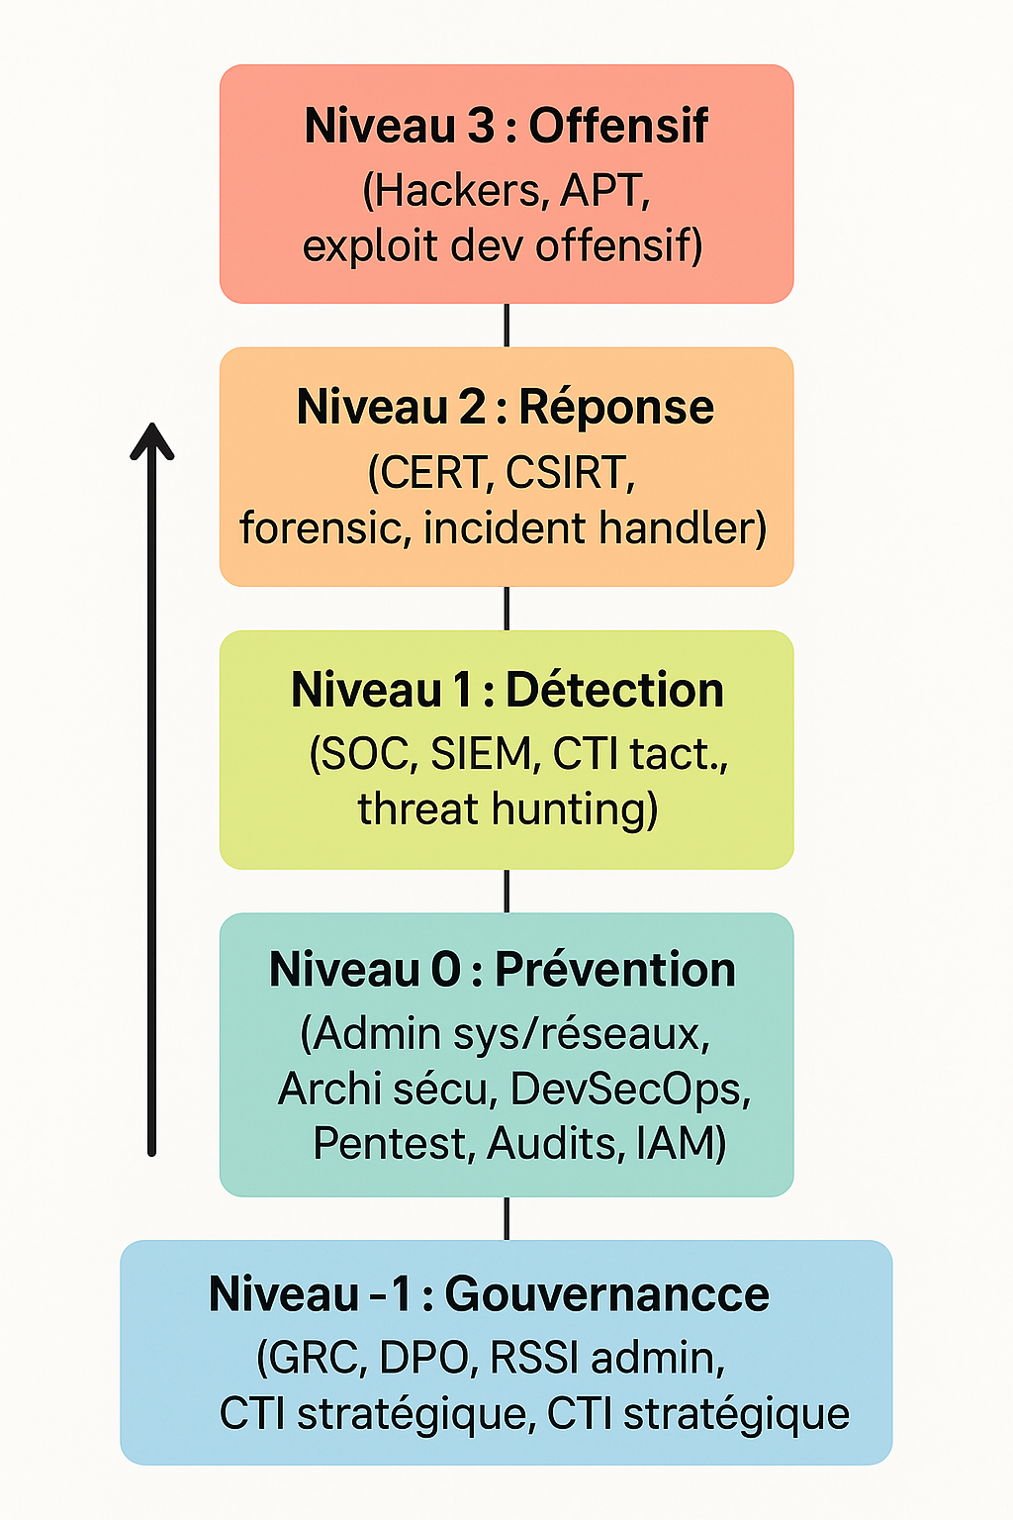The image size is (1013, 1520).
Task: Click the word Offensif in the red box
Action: [618, 126]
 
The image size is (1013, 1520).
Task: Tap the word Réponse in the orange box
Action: [616, 408]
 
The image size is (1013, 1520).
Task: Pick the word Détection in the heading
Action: [614, 690]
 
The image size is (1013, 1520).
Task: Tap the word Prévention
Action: [614, 970]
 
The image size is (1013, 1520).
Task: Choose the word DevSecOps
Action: [630, 1089]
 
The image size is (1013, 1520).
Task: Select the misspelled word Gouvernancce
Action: [606, 1294]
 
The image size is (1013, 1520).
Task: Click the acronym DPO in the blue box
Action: [424, 1358]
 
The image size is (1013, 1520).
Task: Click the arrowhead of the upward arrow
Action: [152, 440]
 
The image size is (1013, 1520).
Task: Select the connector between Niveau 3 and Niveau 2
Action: [506, 325]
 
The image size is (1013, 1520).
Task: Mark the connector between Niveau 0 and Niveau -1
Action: [506, 1218]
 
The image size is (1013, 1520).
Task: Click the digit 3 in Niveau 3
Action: [480, 126]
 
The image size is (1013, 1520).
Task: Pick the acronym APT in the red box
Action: [604, 190]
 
